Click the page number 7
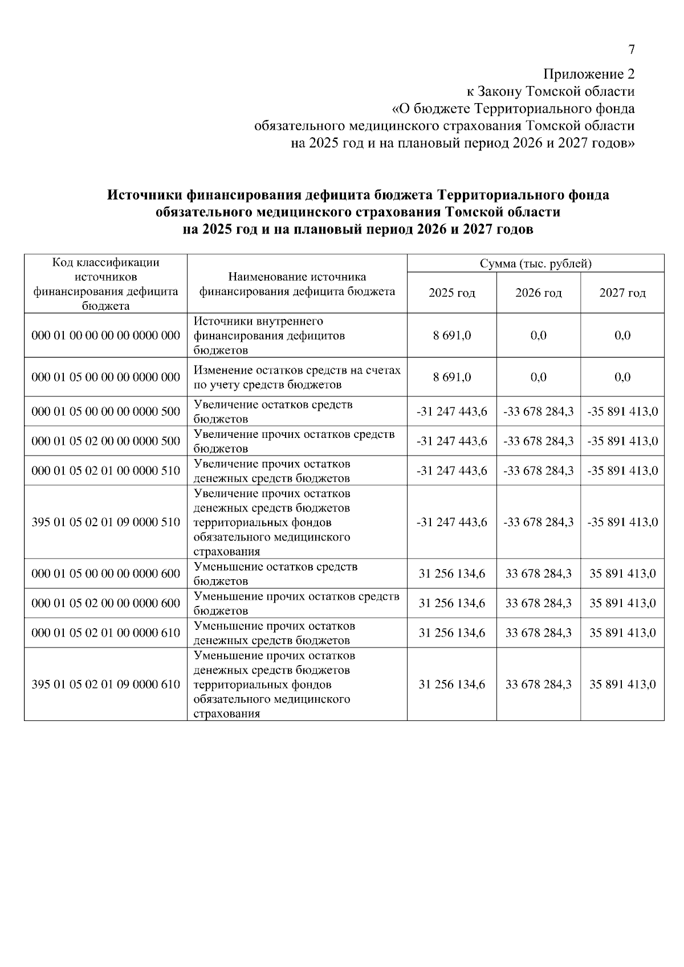[631, 50]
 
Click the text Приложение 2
[588, 74]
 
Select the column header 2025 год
[451, 293]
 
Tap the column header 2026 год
[538, 293]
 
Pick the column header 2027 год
[622, 293]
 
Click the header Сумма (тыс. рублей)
[535, 264]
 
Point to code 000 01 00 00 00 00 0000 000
[106, 335]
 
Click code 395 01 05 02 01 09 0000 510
[106, 522]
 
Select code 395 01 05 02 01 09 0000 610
[106, 684]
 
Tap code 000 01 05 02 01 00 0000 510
[106, 470]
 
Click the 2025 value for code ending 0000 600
[451, 573]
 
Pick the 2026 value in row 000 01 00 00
[538, 335]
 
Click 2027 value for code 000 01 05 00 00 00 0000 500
[622, 411]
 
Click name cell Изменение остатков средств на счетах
[297, 377]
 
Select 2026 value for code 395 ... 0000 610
[538, 684]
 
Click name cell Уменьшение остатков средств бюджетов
[276, 573]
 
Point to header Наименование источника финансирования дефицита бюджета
[296, 284]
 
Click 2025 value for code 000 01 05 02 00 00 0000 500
[451, 441]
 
